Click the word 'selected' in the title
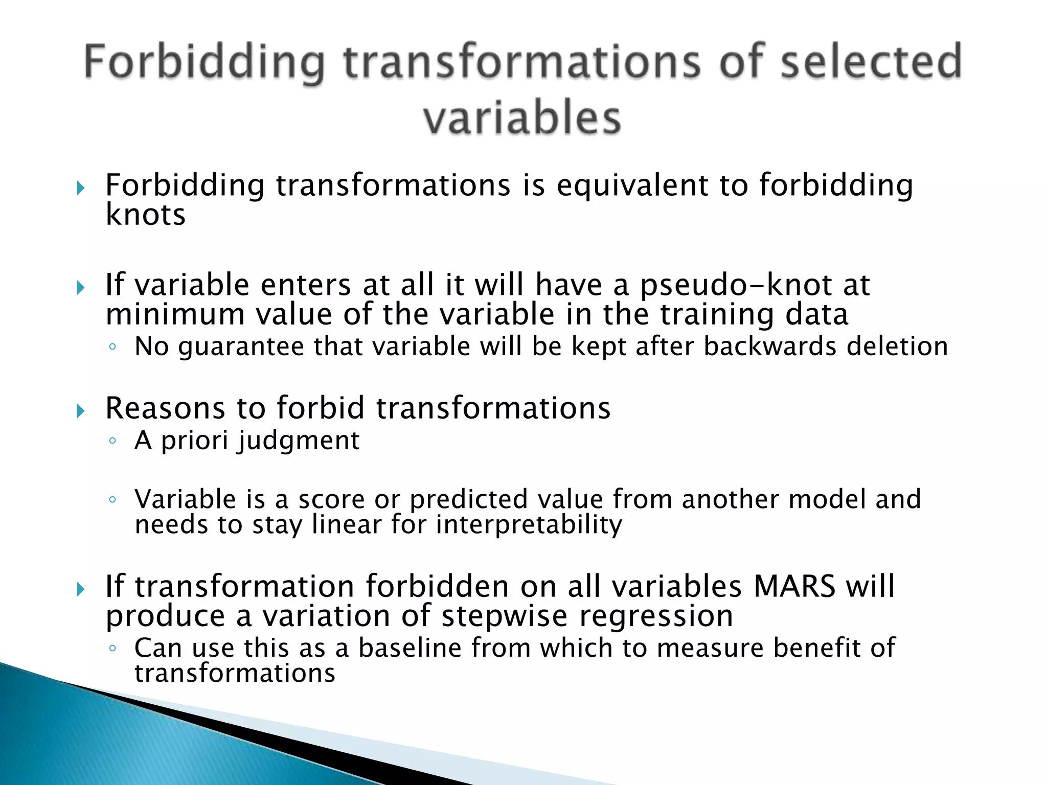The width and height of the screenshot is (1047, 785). pos(871,62)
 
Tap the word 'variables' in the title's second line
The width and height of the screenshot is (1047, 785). pos(522,119)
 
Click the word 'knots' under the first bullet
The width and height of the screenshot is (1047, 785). pos(145,215)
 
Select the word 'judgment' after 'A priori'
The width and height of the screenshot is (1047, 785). pos(298,441)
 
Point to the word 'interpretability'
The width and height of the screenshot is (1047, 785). pos(529,525)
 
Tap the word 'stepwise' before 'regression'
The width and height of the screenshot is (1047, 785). pos(504,616)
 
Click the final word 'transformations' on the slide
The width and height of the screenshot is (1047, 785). pos(235,673)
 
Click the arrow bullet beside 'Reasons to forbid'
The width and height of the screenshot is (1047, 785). pos(80,411)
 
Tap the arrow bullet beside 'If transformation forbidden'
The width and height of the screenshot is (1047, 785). pos(80,590)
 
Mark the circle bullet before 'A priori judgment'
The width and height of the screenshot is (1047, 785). pos(113,442)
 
